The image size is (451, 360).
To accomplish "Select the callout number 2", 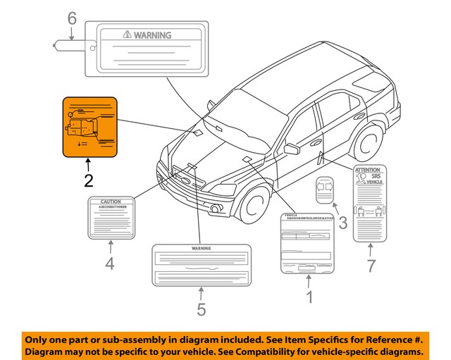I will (x=88, y=180).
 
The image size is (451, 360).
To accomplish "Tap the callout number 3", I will (x=342, y=224).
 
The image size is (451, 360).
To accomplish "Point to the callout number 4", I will (x=110, y=264).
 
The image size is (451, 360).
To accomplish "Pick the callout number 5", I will (x=201, y=308).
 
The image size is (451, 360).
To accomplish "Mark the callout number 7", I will (x=371, y=266).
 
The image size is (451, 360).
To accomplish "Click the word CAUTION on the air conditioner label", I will (x=111, y=201).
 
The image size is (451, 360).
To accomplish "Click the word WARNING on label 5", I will (x=202, y=249).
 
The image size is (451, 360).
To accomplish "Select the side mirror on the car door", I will (x=291, y=149).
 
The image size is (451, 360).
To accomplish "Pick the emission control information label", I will (x=307, y=243).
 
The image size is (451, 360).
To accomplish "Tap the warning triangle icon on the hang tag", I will (x=125, y=33).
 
